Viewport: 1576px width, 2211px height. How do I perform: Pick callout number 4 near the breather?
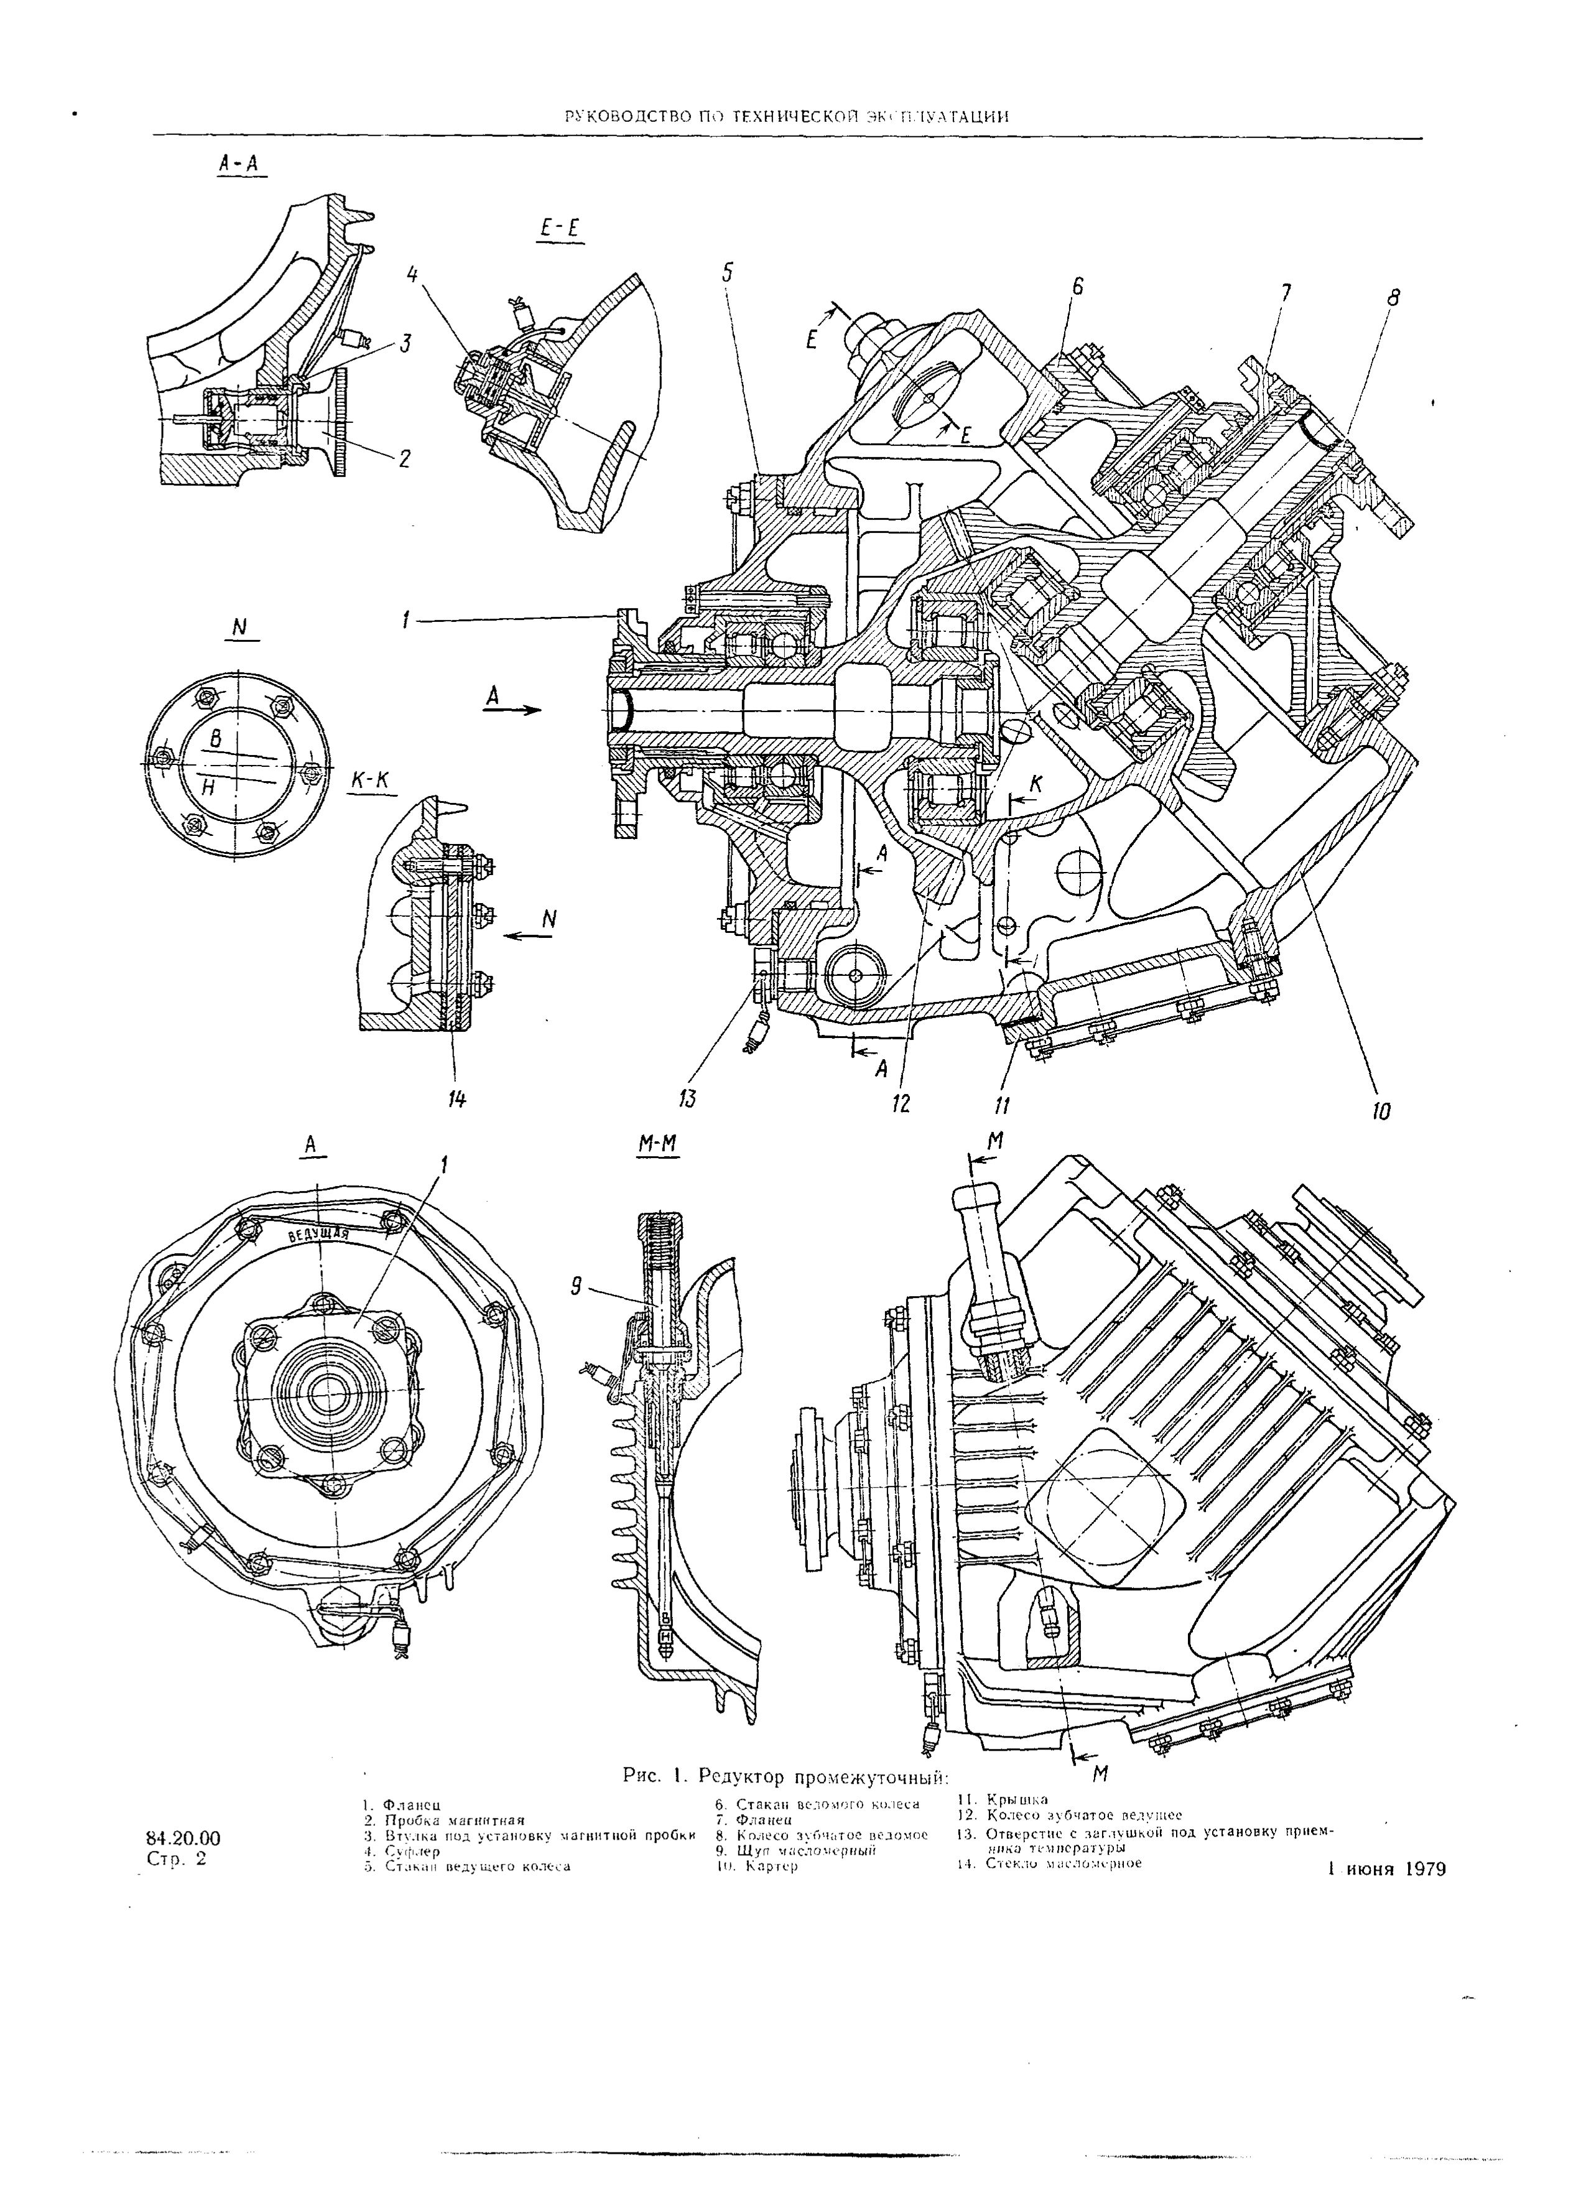pos(412,277)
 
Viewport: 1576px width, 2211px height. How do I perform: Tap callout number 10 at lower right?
pos(1381,1110)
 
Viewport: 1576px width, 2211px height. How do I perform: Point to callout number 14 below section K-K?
pos(456,1099)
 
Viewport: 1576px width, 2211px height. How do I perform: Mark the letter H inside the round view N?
pos(208,788)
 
